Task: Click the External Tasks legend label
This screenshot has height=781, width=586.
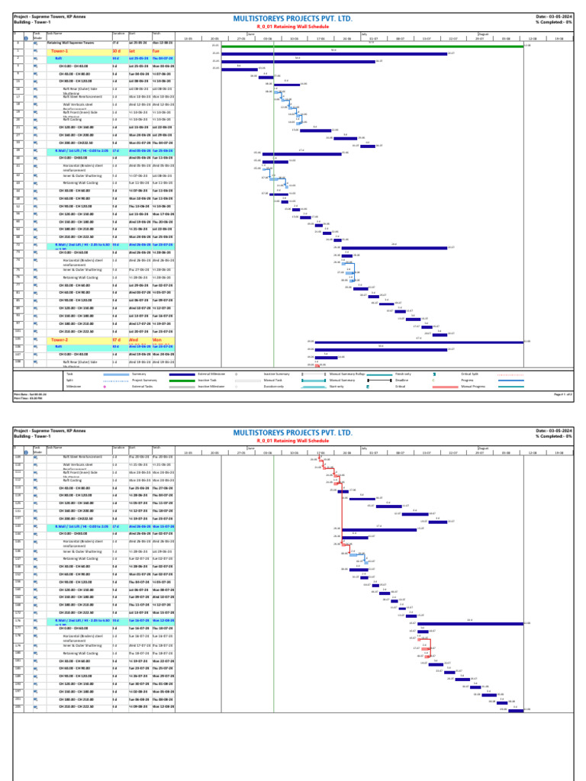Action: point(143,387)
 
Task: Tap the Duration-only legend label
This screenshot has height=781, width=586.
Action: point(272,387)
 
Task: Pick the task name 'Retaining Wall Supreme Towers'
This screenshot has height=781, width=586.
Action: point(65,43)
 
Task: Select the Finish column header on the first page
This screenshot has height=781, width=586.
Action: point(156,34)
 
